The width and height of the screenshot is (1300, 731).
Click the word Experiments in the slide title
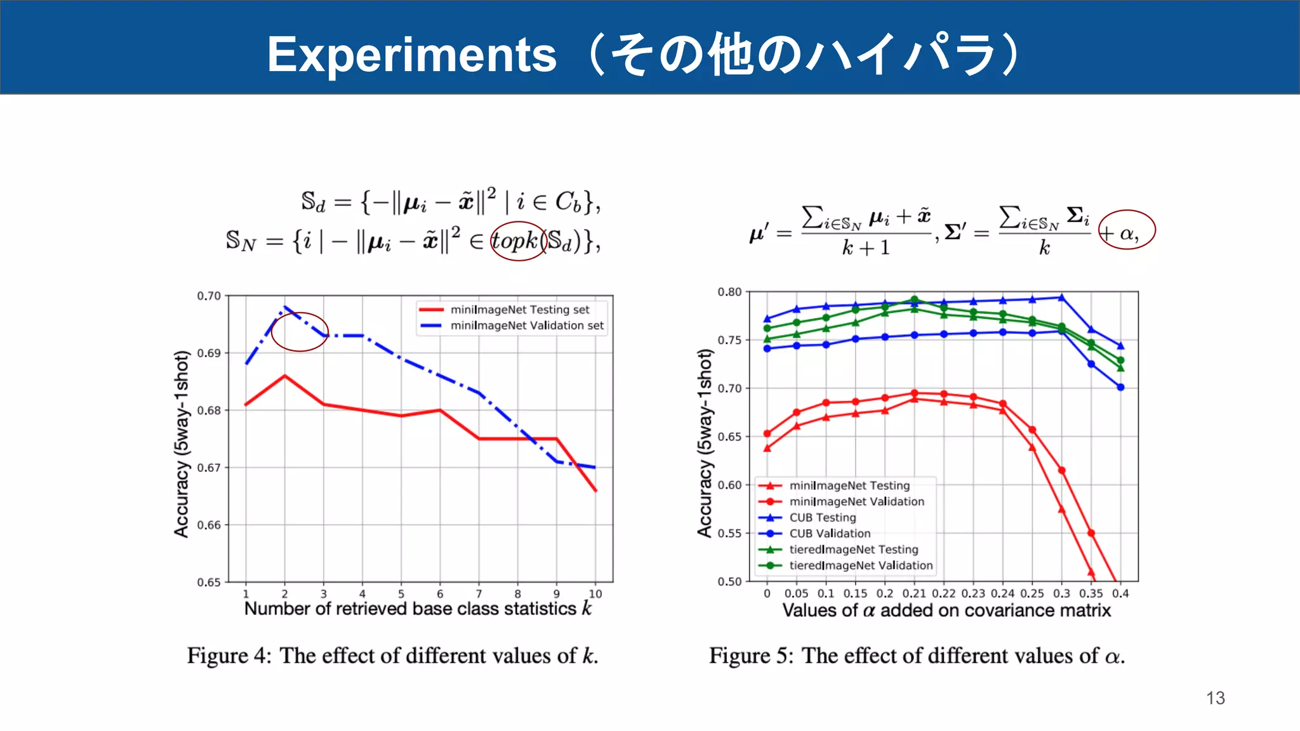[411, 55]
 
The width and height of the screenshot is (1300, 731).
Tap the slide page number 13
[1215, 698]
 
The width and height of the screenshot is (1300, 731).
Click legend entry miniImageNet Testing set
[519, 310]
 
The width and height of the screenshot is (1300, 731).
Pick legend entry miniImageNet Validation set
[526, 326]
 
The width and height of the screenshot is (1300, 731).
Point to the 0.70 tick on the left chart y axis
[209, 296]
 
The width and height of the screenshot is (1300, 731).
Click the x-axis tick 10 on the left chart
[595, 594]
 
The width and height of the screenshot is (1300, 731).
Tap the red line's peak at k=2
[285, 376]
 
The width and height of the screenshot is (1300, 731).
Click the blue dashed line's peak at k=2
[285, 307]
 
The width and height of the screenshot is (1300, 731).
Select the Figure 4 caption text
[392, 655]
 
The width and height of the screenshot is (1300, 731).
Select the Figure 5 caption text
[917, 655]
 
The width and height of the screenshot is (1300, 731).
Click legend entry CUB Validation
[829, 534]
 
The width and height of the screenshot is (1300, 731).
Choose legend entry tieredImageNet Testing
[853, 550]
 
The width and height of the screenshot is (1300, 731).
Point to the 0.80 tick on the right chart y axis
[729, 292]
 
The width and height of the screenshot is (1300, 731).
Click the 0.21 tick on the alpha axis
[914, 593]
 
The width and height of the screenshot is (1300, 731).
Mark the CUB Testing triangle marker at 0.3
[1061, 297]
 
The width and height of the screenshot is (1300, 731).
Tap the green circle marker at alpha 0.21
[914, 300]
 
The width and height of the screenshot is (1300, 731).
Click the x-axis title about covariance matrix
[946, 610]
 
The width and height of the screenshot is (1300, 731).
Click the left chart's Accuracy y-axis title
[182, 444]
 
